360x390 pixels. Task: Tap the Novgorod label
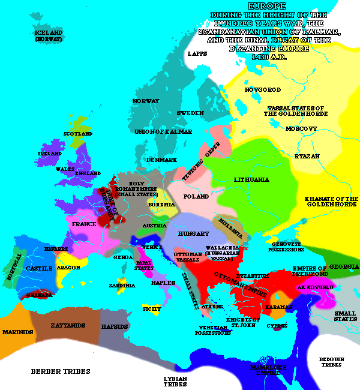coord(263,89)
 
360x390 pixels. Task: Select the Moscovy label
coord(301,129)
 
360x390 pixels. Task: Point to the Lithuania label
coord(251,179)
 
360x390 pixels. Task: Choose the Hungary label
coord(194,233)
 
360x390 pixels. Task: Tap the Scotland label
coord(79,134)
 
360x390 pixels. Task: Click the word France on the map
coord(84,224)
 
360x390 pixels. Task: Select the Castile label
coord(40,268)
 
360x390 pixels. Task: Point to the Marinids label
coord(18,330)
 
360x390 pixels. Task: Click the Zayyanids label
coord(67,326)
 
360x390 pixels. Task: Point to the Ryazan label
coord(307,156)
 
